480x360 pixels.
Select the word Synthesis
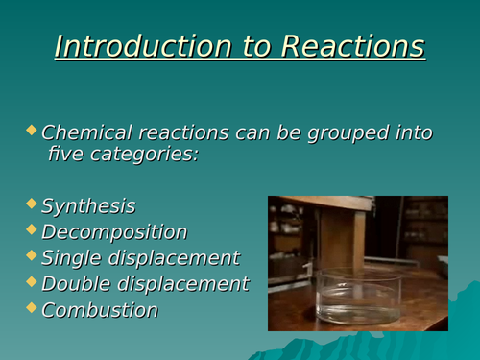pos(88,206)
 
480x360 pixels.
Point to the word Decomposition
pos(114,232)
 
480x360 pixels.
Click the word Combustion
pos(100,310)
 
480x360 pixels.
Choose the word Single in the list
pos(70,258)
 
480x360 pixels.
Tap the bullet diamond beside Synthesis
pos(33,204)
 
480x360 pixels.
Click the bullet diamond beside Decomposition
pos(33,229)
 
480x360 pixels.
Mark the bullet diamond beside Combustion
pos(33,307)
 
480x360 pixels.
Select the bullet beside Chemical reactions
pos(33,130)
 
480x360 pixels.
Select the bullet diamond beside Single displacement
pos(33,255)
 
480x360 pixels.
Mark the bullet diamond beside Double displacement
pos(33,281)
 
